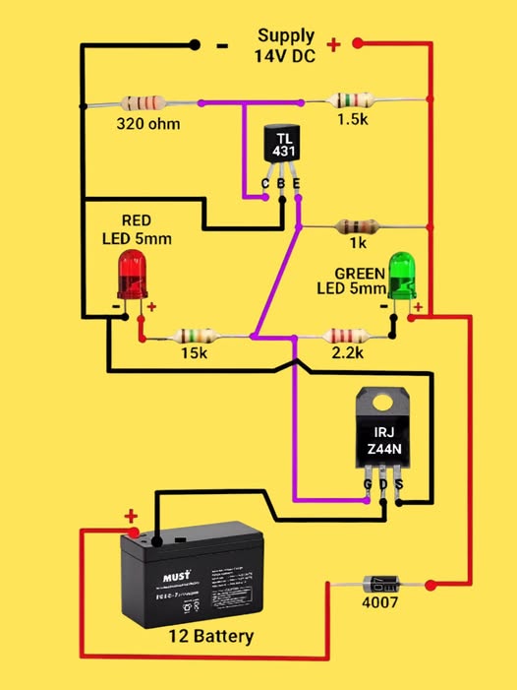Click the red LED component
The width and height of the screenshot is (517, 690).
pos(133,275)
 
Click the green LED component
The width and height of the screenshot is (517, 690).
pos(402,276)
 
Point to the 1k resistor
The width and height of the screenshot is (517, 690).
pos(352,226)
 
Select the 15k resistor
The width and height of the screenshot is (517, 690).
pos(193,337)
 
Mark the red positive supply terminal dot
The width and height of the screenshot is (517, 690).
pos(359,43)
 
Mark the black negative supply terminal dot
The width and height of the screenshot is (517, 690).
pos(195,44)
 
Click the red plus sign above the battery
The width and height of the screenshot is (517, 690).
pos(131,515)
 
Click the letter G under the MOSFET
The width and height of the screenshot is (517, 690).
pos(368,485)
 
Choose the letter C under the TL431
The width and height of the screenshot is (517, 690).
pos(264,184)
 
